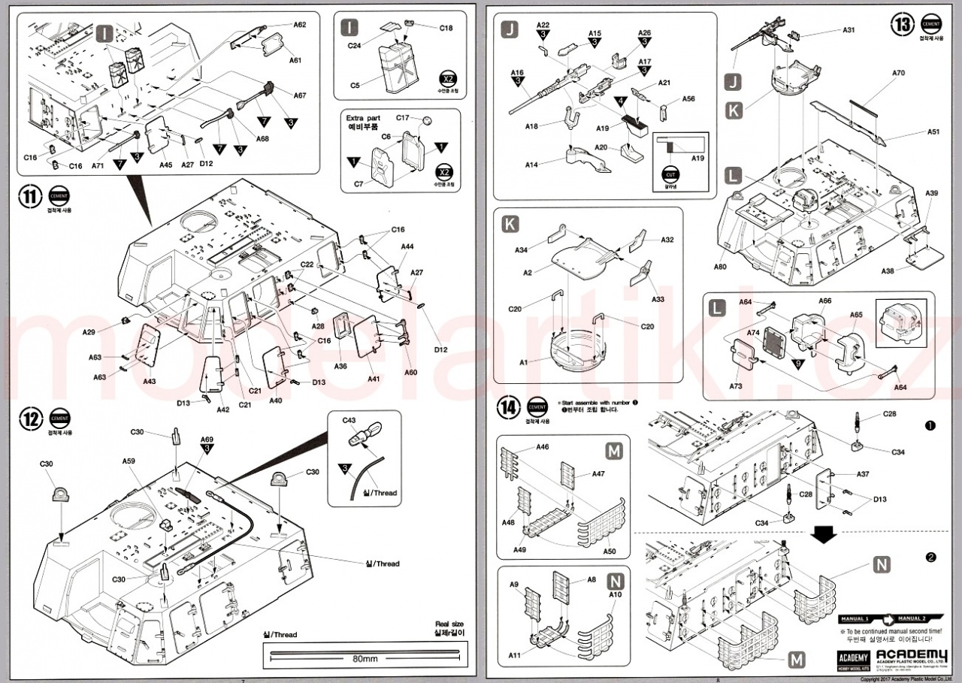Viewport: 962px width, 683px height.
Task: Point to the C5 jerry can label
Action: click(355, 86)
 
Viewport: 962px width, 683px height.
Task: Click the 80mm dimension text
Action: click(365, 658)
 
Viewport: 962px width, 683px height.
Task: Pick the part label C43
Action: click(349, 421)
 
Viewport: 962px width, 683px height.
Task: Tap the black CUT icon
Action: click(670, 175)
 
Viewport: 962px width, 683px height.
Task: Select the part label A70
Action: click(898, 74)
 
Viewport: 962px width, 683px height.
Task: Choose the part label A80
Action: click(720, 267)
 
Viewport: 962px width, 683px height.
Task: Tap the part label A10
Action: click(616, 594)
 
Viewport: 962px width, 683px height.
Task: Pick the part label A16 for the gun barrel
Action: click(517, 72)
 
